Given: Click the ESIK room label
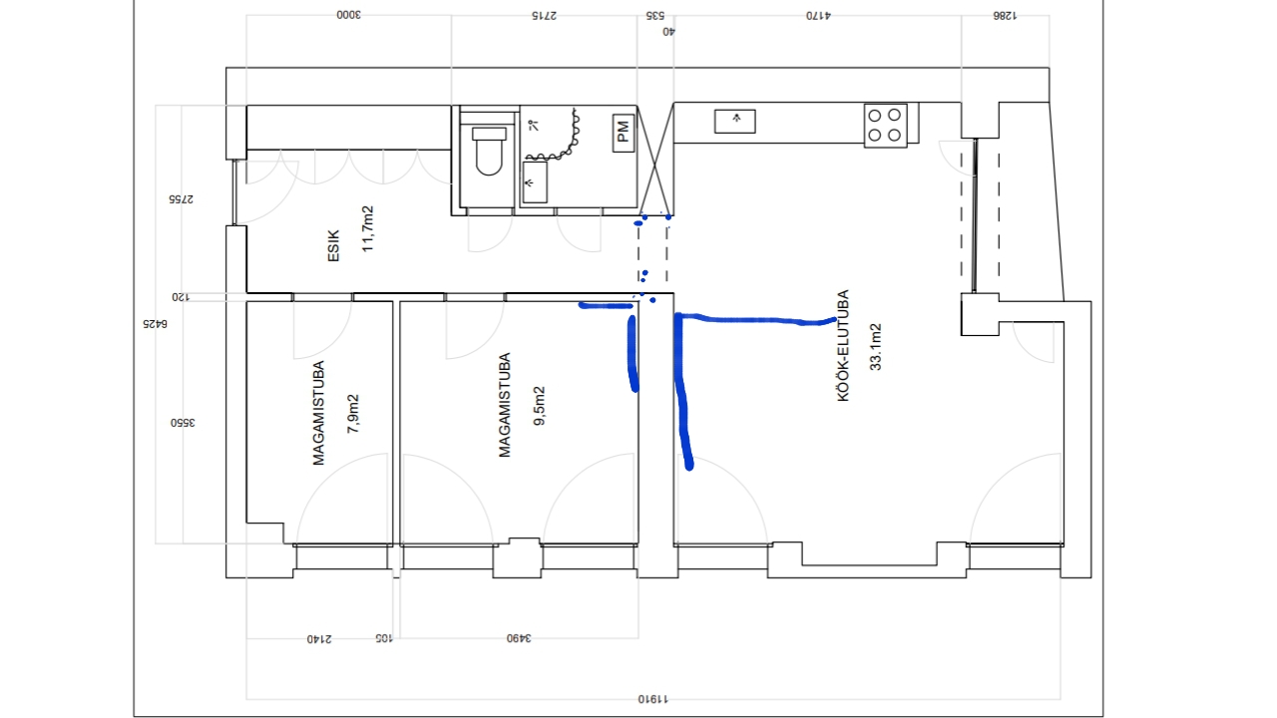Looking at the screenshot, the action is (333, 245).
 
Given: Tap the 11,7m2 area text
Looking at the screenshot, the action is (368, 228).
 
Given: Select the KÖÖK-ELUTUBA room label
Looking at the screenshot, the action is (843, 345).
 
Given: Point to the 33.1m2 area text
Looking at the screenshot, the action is (876, 347).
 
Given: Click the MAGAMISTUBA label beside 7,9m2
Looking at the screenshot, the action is (318, 413).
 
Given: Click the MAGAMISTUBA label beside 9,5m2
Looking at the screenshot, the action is (505, 405).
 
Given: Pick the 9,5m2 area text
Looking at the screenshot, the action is (540, 406).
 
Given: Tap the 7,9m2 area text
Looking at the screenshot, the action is (353, 414).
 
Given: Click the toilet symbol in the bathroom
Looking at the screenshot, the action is (489, 151).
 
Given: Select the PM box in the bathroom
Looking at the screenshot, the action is (624, 133).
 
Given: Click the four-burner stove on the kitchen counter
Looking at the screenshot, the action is (885, 126).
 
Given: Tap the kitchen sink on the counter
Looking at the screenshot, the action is (735, 122).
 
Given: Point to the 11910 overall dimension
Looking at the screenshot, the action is (653, 699).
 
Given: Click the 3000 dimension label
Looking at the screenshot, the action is (348, 15).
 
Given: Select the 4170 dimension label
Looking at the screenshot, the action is (818, 16).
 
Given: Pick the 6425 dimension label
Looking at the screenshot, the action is (155, 324).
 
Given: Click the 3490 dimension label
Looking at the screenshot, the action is (519, 638).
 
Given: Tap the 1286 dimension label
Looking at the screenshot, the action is (1005, 16).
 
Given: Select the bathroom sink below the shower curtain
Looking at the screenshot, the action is (535, 182).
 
